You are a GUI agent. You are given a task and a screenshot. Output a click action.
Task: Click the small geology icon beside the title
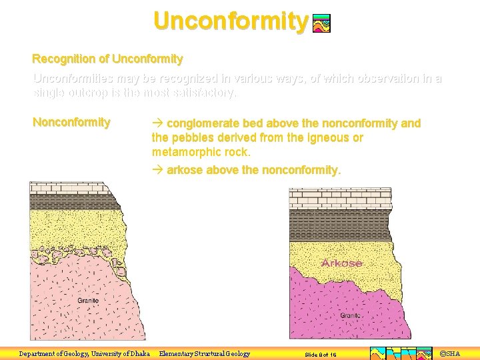click(321, 24)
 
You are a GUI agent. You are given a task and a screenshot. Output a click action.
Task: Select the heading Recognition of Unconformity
click(107, 59)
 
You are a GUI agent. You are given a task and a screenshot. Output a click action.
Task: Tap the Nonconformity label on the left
click(71, 122)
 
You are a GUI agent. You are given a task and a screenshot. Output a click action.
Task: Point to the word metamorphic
click(185, 151)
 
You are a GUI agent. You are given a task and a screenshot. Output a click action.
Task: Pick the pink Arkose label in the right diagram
click(341, 263)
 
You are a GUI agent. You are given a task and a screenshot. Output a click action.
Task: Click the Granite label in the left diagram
click(87, 301)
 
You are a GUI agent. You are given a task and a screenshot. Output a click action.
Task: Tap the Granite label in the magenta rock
click(351, 315)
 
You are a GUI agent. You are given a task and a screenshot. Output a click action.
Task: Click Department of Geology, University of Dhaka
click(84, 354)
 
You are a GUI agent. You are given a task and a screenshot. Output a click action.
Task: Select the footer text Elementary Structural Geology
click(204, 354)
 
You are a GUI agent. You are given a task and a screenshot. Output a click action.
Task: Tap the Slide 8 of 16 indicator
click(320, 355)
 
